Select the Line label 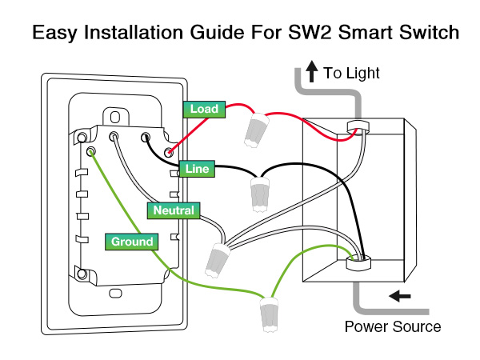tap(197, 168)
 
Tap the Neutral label tap(174, 210)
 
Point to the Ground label tap(132, 241)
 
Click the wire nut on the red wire tap(255, 129)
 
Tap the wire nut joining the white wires tap(217, 258)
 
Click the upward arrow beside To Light tap(313, 73)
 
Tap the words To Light tap(351, 74)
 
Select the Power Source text tap(393, 326)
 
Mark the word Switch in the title tap(427, 33)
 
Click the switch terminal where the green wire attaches tap(92, 150)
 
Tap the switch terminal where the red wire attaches tap(169, 151)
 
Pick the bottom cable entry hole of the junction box tap(357, 259)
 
